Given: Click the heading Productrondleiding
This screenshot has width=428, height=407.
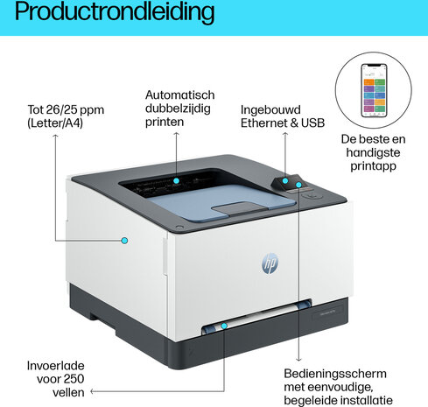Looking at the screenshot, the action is point(115,12).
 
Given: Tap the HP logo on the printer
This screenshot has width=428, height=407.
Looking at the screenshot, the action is point(270,263).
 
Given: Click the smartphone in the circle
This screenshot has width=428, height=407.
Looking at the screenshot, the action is point(374,90).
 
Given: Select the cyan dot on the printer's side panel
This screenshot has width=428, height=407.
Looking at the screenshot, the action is point(124,241).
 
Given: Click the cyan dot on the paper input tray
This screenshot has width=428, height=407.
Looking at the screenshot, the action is point(224,326).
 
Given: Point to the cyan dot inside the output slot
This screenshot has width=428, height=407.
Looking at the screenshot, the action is point(176,180).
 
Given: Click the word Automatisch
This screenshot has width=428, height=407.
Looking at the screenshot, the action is point(180,95).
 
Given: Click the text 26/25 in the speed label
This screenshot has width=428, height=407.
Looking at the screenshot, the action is point(61,110).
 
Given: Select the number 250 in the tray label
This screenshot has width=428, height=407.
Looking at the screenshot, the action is point(74,379).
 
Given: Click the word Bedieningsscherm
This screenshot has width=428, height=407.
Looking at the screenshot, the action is point(335,374).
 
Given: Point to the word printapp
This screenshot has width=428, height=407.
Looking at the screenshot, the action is point(373,166).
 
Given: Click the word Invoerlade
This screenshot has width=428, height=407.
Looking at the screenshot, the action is point(55,366).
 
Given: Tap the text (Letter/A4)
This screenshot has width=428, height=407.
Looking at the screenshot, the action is point(55,123).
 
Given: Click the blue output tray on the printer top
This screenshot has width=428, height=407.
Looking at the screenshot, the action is point(221,202).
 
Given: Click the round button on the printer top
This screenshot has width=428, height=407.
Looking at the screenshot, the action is point(312,195).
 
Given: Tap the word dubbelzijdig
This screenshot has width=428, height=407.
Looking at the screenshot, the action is point(178,109).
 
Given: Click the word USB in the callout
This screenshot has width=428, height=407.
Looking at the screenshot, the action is point(312,123).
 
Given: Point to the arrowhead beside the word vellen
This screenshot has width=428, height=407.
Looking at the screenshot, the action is point(92,391).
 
